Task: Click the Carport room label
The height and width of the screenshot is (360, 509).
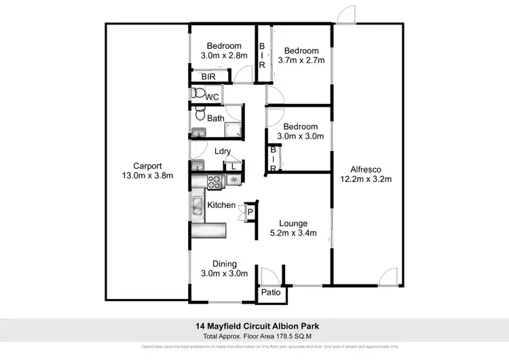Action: point(147,165)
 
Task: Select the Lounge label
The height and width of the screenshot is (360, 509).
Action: point(293,223)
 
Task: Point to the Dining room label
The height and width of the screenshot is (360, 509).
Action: point(225,264)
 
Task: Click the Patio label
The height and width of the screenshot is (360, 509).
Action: point(271,293)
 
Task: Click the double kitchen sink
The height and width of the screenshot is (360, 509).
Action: point(196,206)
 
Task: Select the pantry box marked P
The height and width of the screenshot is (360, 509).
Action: point(249,213)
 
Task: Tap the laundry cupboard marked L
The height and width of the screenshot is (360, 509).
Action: point(233,164)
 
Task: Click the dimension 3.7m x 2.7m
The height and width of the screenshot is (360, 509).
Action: point(301,60)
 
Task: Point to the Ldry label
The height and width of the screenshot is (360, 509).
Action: point(222,151)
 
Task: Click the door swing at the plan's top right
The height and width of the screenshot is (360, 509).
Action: point(347,15)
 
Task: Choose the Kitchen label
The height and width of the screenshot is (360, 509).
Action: point(221,204)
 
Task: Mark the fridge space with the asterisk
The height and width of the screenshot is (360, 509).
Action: point(235,181)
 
